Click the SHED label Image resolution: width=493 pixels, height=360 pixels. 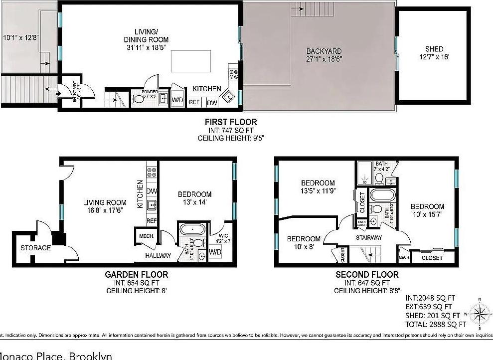434,49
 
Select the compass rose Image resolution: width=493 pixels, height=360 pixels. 480,314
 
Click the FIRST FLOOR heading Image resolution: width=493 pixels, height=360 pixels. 231,122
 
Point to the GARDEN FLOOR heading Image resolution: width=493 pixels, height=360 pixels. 136,274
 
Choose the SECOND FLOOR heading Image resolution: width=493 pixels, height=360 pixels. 367,274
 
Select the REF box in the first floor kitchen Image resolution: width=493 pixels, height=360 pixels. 194,103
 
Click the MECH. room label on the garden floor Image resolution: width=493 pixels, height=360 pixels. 146,236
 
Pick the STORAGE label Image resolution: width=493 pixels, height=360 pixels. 35,248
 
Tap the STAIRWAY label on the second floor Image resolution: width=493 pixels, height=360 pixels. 368,237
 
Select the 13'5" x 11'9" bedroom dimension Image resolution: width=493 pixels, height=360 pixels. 318,191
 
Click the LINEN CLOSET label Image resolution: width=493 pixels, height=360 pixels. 362,224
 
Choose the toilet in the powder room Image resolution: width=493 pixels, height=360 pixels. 137,99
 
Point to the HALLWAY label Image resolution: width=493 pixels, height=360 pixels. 158,256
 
